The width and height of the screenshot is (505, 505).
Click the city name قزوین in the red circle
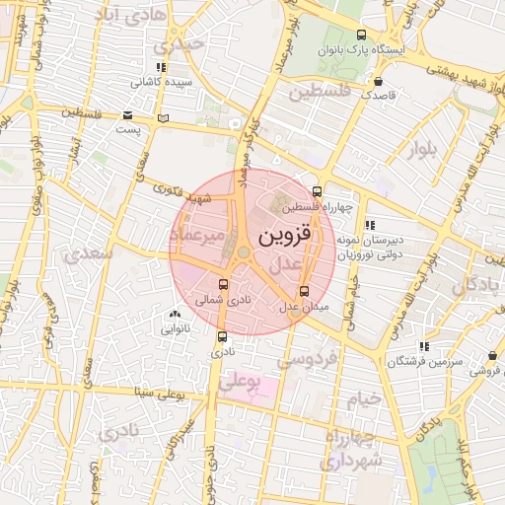click(x=286, y=239)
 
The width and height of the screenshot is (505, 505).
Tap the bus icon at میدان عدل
click(x=303, y=291)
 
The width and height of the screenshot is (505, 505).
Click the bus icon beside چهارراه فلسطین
click(x=316, y=191)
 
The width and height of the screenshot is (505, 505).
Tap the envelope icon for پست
click(x=128, y=115)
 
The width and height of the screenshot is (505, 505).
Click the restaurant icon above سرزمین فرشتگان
click(x=423, y=346)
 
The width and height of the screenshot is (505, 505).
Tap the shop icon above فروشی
click(x=492, y=355)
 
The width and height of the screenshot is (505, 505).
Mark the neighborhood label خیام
click(x=362, y=398)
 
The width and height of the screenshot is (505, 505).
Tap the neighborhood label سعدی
click(x=89, y=254)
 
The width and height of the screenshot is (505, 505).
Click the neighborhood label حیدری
click(x=172, y=45)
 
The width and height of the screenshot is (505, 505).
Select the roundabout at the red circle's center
click(x=243, y=254)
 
